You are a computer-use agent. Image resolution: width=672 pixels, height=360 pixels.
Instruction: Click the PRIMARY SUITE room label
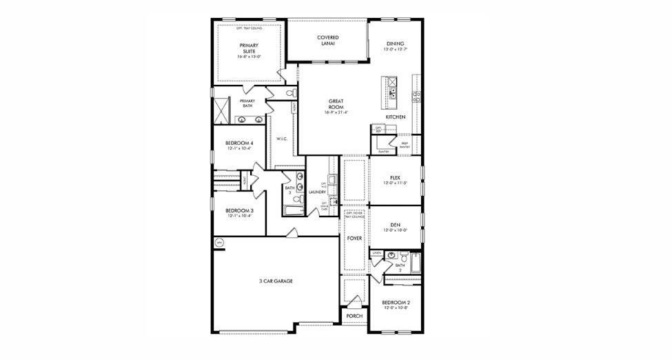248,49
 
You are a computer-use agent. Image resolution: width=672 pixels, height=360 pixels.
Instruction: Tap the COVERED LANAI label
327,40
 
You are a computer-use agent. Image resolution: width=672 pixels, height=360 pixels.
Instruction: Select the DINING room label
395,43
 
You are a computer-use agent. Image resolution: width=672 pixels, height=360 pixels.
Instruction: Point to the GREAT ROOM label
336,104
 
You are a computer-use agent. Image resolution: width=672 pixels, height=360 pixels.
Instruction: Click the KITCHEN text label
395,117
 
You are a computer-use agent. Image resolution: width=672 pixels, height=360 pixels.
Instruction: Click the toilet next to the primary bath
289,93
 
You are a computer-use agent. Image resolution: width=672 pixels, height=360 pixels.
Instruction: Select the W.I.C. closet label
281,139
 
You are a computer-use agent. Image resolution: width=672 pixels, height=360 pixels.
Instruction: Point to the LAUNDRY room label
317,192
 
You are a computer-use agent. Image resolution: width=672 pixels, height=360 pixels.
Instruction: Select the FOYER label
354,238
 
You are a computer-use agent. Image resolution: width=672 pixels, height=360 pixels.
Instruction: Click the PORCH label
354,316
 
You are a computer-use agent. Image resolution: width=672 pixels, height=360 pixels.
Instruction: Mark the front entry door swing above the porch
355,301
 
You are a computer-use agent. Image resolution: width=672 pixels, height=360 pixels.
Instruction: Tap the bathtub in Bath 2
415,262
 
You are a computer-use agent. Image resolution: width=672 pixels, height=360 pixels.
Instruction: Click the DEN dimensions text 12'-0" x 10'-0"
395,231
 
